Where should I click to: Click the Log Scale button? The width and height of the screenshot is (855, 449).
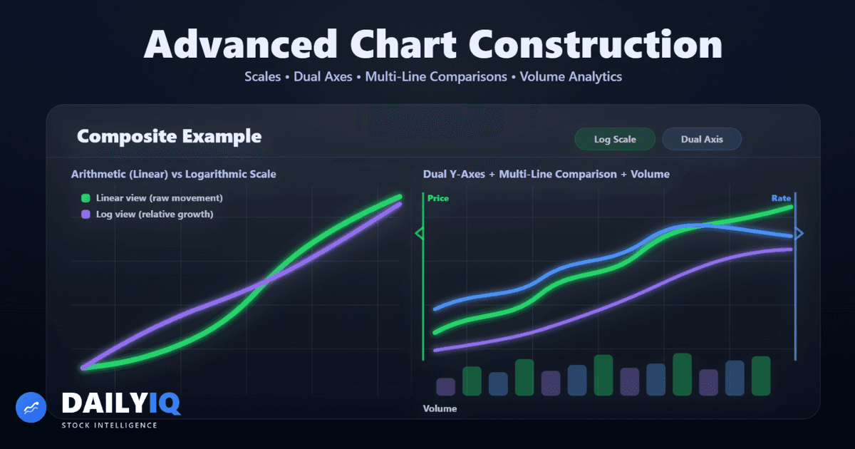click(615, 140)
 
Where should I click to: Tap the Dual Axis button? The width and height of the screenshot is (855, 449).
click(702, 140)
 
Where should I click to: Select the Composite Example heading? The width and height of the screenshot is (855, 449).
click(169, 136)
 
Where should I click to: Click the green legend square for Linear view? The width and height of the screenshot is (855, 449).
click(85, 198)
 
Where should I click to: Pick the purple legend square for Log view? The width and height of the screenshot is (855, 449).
click(85, 214)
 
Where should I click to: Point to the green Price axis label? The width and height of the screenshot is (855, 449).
click(438, 198)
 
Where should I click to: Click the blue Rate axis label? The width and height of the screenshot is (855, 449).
click(781, 198)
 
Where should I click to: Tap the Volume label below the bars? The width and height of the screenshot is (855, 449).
click(440, 408)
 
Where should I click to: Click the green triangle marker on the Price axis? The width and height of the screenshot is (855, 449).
click(419, 233)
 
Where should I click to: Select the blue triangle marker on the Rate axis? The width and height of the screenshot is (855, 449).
click(799, 233)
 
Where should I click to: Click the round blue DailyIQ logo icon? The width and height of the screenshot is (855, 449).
click(31, 407)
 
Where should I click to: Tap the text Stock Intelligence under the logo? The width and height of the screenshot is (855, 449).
click(109, 425)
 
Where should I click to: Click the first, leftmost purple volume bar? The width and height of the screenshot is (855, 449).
click(445, 386)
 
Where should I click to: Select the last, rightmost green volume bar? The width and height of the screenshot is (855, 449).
click(761, 376)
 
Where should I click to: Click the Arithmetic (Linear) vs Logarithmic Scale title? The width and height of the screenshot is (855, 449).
click(173, 174)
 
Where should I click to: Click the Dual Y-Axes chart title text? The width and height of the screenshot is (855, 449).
click(546, 174)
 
